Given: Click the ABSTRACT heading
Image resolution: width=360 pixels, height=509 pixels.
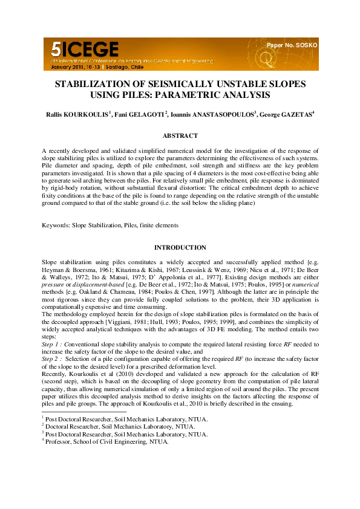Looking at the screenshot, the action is point(180,136).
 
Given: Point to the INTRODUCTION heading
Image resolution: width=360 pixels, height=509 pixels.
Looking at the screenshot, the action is point(180,247).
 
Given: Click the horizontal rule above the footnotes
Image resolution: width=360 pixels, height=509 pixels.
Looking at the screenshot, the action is point(75,412).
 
